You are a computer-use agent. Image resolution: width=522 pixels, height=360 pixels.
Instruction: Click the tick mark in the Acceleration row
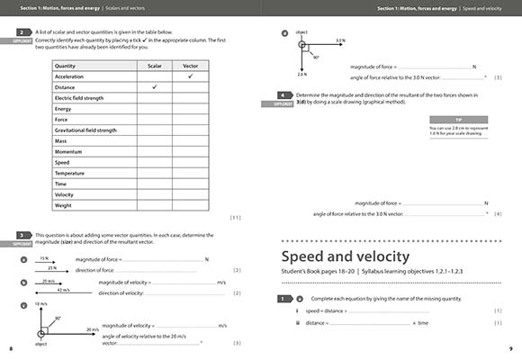(x=190, y=76)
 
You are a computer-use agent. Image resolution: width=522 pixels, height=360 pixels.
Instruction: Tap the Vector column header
(x=190, y=66)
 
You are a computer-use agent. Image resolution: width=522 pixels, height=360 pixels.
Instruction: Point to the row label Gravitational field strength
(x=85, y=130)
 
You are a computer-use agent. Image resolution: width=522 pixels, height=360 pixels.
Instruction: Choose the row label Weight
(x=64, y=204)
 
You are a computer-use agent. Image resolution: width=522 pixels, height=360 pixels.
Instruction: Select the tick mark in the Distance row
(x=154, y=86)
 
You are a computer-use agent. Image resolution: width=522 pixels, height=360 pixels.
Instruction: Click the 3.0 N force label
(x=339, y=40)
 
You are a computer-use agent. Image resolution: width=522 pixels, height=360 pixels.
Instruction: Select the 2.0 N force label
(x=301, y=75)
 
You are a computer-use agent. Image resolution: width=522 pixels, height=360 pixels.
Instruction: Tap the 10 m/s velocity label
(x=41, y=304)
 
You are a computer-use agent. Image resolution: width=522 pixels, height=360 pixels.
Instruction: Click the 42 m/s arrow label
(x=62, y=290)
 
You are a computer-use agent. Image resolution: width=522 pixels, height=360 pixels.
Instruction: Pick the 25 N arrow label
(x=53, y=267)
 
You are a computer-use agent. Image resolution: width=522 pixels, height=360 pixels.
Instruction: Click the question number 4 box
(x=284, y=94)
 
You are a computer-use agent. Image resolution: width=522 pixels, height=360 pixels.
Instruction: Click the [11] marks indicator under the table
(x=235, y=217)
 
